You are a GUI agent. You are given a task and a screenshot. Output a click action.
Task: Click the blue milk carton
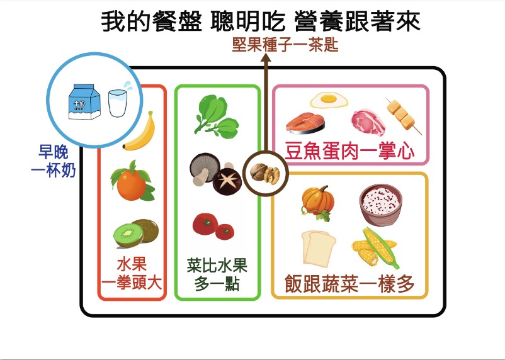pos(84,102)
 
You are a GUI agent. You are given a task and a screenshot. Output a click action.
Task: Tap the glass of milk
pos(118,103)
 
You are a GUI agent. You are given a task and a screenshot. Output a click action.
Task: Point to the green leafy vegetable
pos(216,116)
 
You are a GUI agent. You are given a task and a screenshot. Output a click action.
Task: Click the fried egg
pos(329,100)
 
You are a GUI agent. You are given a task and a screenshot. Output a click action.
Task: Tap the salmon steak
pos(305,123)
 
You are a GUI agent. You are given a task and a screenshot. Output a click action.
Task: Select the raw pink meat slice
pos(368,122)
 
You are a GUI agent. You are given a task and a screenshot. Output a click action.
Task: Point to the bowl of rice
pos(381,204)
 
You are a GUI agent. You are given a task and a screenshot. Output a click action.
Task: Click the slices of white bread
pos(319,248)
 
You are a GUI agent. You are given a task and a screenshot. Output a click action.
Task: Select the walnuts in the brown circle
pos(265,174)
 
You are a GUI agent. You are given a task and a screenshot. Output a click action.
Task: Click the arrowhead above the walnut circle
pos(266,58)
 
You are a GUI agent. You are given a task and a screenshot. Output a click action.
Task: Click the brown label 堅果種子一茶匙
pos(285,45)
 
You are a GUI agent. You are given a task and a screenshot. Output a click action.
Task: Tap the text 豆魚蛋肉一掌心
pos(349,151)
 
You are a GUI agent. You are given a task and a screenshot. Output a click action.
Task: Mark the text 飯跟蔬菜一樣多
pos(349,284)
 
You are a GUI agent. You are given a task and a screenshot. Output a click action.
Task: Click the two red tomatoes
pos(213,226)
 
